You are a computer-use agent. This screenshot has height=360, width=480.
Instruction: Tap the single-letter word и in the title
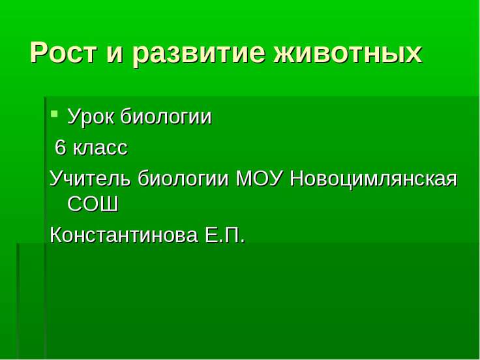coord(115,53)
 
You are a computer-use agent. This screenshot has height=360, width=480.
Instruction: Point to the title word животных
coord(348,53)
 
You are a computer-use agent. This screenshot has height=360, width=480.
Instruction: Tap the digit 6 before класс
coord(61,148)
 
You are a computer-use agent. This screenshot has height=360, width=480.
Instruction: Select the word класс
coord(100,149)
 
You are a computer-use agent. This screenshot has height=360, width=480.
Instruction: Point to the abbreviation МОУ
coord(259,178)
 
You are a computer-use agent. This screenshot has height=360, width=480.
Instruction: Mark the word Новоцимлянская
coord(373,178)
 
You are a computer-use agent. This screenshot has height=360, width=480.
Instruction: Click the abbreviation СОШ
coord(93,205)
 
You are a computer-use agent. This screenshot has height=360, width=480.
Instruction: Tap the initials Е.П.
coord(225,235)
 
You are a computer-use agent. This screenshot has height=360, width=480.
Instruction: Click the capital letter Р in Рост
coord(40,53)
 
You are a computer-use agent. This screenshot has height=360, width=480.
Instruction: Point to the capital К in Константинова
coord(55,235)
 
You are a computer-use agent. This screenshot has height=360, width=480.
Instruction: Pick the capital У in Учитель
coord(56,178)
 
